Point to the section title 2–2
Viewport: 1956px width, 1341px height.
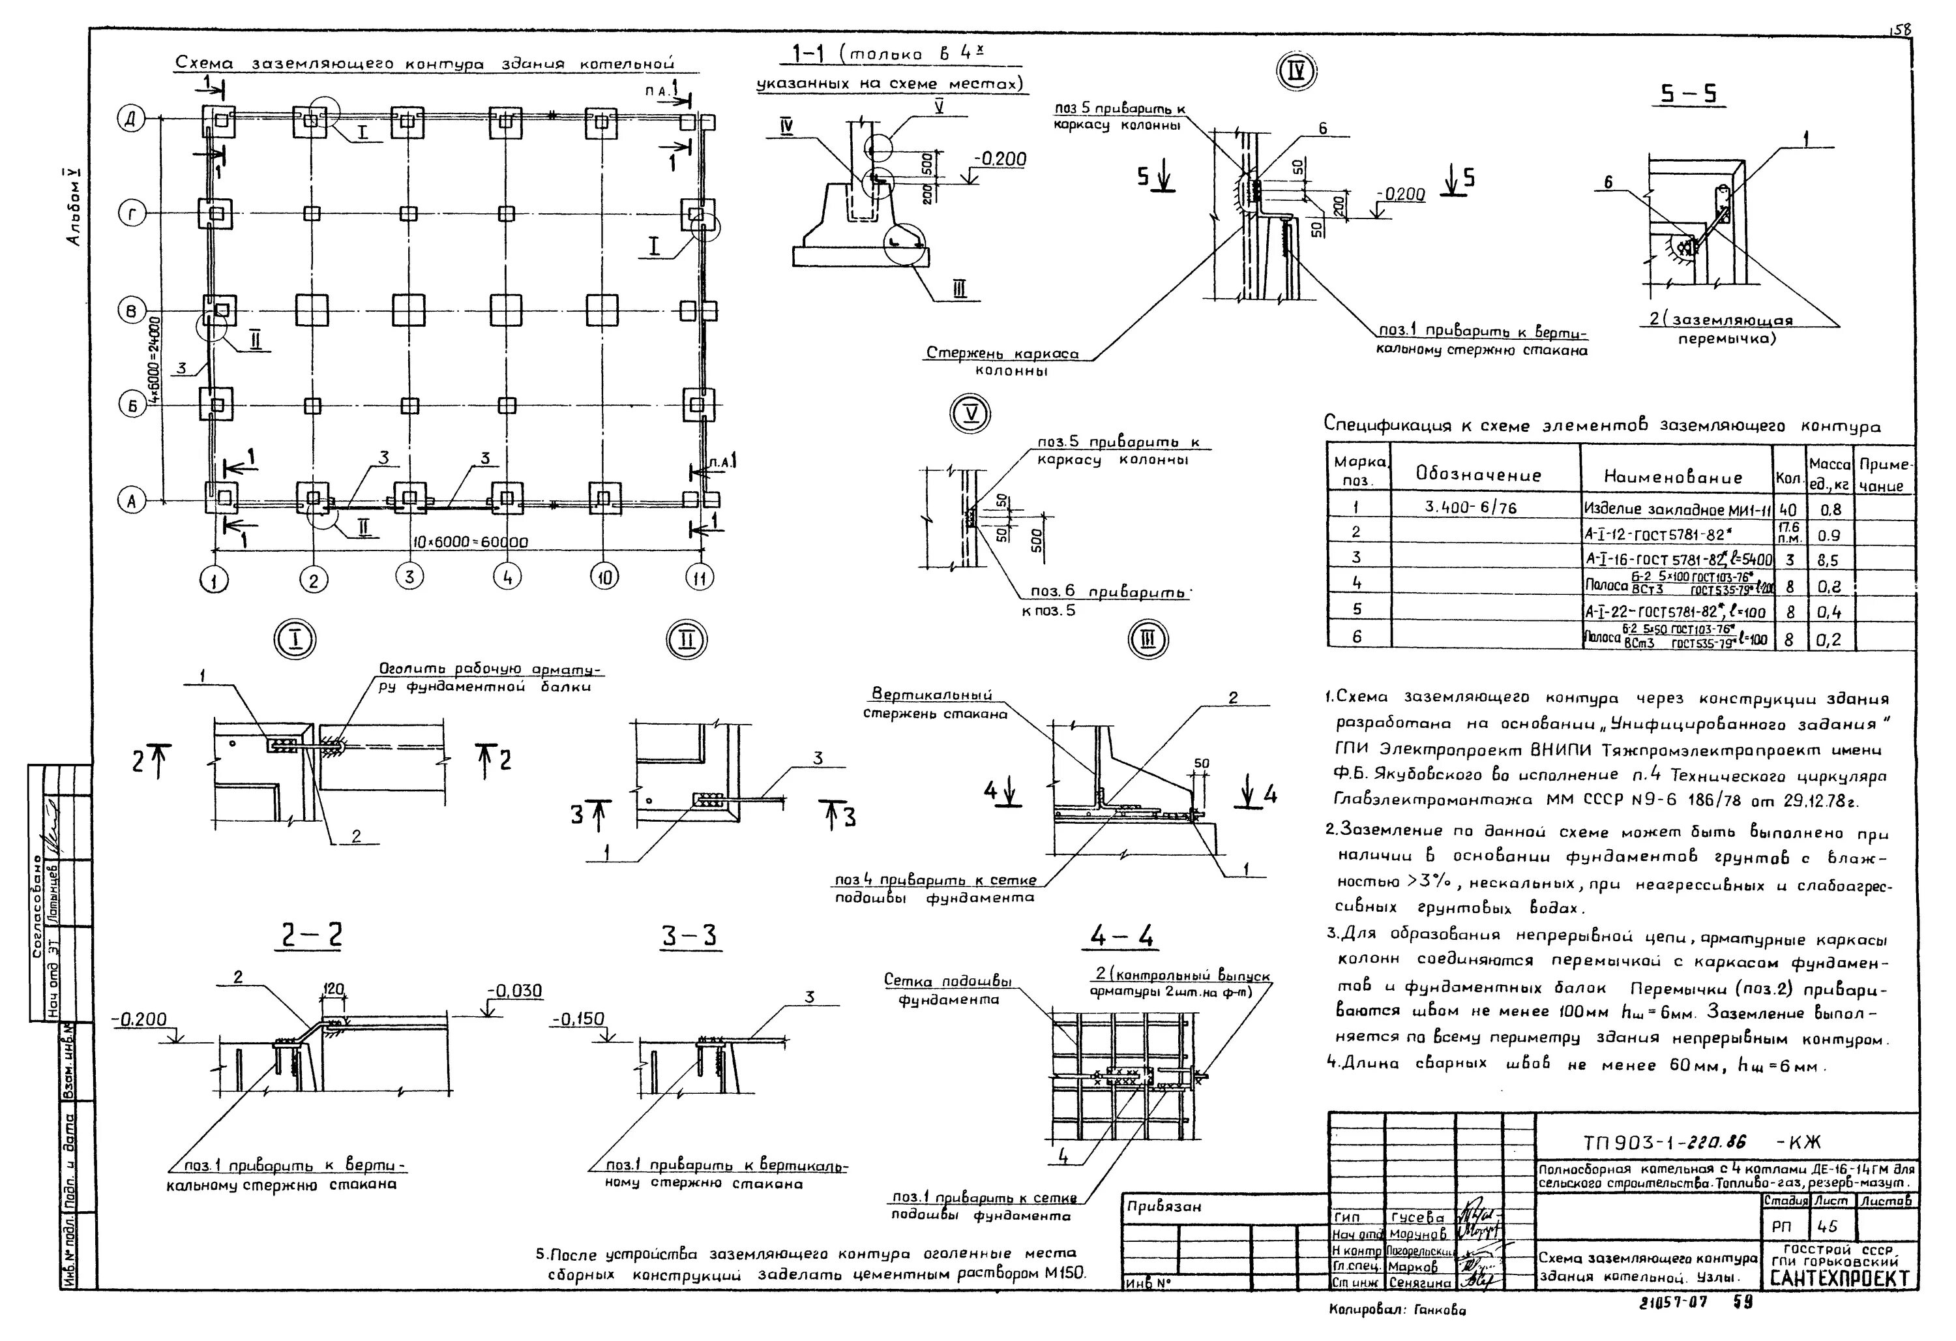[310, 936]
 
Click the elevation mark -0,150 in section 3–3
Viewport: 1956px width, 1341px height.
[578, 1019]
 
